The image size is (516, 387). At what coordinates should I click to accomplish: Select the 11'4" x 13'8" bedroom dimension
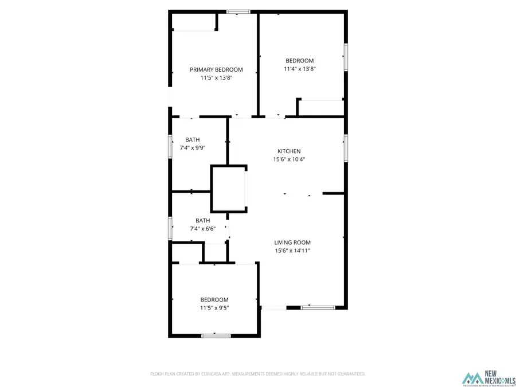click(x=300, y=69)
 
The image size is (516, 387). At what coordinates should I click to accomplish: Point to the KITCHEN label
click(x=289, y=151)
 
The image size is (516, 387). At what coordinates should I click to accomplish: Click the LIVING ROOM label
click(x=292, y=242)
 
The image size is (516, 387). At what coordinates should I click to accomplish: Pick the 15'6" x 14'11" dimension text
click(x=292, y=251)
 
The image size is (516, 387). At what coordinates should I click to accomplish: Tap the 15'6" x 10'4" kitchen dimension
click(x=289, y=159)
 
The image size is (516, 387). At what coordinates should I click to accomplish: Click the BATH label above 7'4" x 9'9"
click(x=193, y=140)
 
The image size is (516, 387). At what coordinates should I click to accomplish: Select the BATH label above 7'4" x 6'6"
click(x=202, y=220)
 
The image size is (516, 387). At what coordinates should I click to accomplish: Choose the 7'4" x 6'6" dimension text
click(x=202, y=229)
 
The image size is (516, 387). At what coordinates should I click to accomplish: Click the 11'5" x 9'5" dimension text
click(x=214, y=308)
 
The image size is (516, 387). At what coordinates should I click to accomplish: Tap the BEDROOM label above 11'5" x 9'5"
click(x=214, y=300)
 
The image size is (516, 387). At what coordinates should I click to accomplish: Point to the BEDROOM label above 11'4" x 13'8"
click(x=300, y=61)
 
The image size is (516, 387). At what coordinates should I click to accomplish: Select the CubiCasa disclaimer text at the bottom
click(x=258, y=374)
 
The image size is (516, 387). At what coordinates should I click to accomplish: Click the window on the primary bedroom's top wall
click(x=237, y=11)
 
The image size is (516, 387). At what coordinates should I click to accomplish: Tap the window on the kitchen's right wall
click(x=345, y=148)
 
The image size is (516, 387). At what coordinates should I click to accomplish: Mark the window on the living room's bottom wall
click(x=318, y=308)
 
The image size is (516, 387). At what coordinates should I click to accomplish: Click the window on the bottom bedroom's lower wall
click(x=216, y=335)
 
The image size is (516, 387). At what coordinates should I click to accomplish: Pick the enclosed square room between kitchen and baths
click(x=229, y=189)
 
